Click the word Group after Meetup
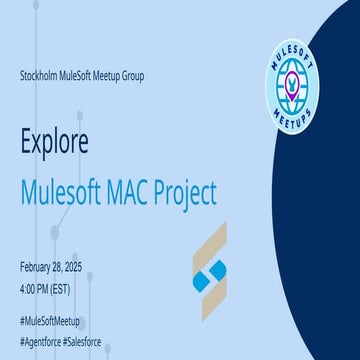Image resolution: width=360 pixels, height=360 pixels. (x=144, y=77)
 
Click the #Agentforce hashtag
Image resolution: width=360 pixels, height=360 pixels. (x=42, y=341)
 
